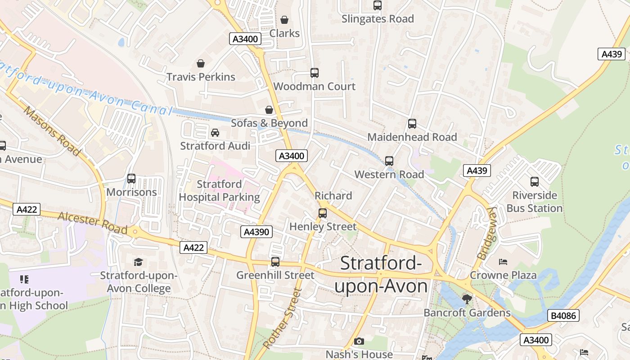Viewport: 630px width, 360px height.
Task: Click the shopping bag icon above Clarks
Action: (284, 20)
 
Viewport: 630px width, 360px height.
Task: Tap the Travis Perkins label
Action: (201, 76)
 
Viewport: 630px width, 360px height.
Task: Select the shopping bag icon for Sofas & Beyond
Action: (269, 110)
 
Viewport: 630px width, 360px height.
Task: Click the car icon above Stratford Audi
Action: (215, 133)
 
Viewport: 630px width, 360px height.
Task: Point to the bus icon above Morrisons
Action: (131, 179)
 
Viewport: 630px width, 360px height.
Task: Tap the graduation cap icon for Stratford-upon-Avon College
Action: (138, 262)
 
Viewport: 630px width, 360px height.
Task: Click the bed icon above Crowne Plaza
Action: (503, 261)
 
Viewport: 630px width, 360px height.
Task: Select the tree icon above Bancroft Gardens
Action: (467, 299)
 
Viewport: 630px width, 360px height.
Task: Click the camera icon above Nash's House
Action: (359, 342)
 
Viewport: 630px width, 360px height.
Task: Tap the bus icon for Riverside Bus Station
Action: (535, 182)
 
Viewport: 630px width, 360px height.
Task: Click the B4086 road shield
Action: (563, 315)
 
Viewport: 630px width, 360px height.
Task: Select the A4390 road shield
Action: (256, 232)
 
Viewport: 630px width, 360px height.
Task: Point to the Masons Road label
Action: (52, 130)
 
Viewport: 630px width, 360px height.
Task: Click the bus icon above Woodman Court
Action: (315, 73)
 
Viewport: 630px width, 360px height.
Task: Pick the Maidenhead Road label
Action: (412, 137)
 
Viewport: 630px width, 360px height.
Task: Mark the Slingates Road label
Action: (378, 19)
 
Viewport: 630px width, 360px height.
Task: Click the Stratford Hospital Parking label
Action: (220, 190)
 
